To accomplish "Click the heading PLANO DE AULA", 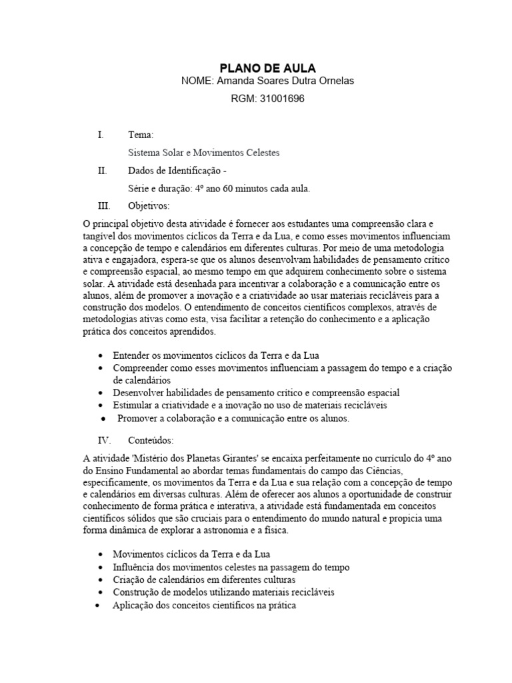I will point(268,68).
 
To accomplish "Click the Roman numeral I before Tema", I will point(100,135).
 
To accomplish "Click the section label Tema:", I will point(140,135).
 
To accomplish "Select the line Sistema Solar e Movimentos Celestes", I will point(203,153).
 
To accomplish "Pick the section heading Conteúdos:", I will point(151,441).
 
